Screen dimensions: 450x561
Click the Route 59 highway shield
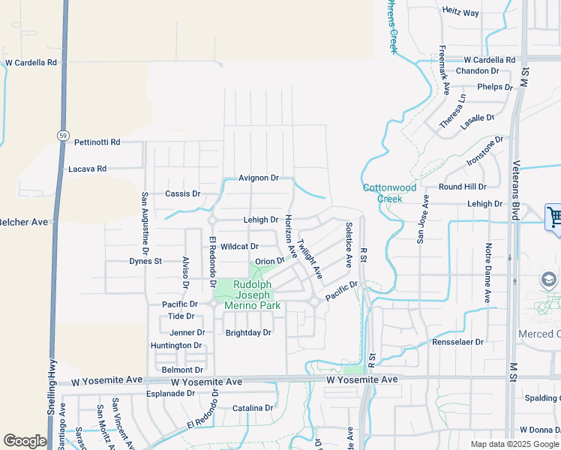pyautogui.click(x=62, y=135)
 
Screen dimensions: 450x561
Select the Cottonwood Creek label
pyautogui.click(x=388, y=193)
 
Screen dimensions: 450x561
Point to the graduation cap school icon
pyautogui.click(x=549, y=279)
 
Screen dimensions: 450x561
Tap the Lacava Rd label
pyautogui.click(x=87, y=169)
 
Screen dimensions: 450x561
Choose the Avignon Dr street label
pyautogui.click(x=258, y=178)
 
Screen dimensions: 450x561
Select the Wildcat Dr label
pyautogui.click(x=239, y=246)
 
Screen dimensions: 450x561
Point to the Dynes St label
pyautogui.click(x=145, y=261)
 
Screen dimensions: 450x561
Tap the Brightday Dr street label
pyautogui.click(x=247, y=332)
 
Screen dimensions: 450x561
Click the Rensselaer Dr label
pyautogui.click(x=458, y=342)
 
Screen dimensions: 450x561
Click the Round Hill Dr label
pyautogui.click(x=462, y=187)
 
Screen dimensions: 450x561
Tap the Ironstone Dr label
pyautogui.click(x=485, y=151)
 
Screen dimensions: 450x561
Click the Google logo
pyautogui.click(x=25, y=441)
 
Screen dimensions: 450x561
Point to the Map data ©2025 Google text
pyautogui.click(x=514, y=444)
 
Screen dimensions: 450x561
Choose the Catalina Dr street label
pyautogui.click(x=253, y=409)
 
